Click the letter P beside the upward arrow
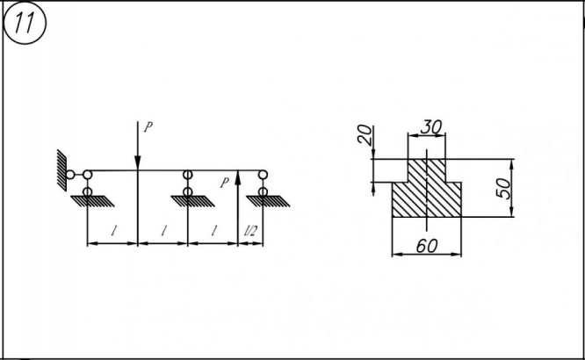[226, 183]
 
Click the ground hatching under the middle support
[188, 201]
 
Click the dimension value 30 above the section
[430, 126]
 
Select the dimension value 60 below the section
[427, 247]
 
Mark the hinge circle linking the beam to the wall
[70, 175]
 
